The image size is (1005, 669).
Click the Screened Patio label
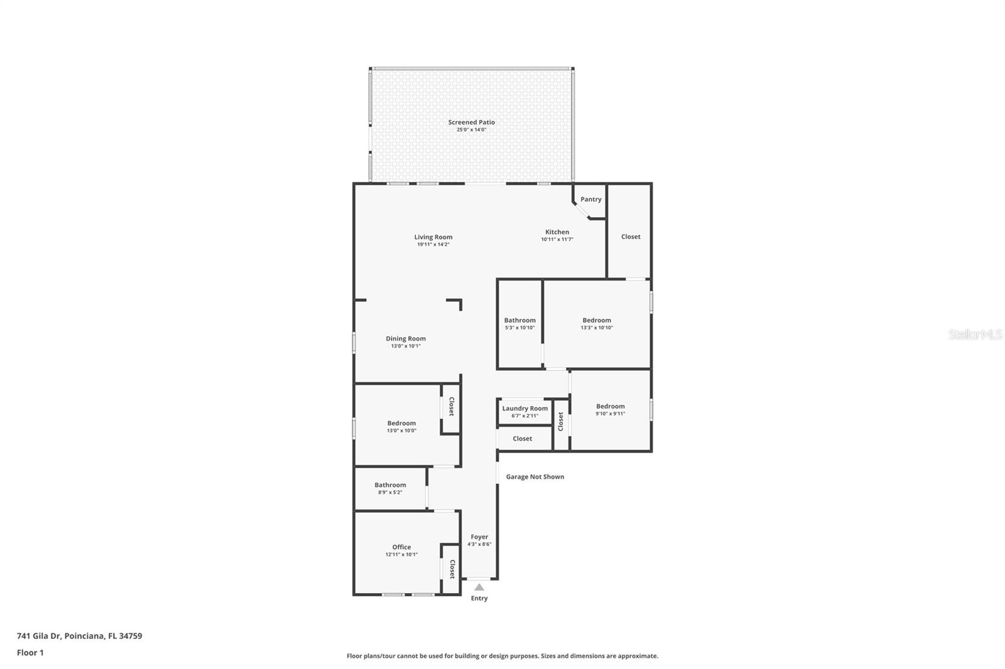pyautogui.click(x=471, y=122)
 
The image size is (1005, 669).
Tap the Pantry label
pyautogui.click(x=590, y=199)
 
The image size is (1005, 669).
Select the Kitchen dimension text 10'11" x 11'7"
pyautogui.click(x=557, y=240)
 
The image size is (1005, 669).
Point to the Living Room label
pyautogui.click(x=433, y=237)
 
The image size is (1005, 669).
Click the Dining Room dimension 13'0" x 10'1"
pyautogui.click(x=406, y=346)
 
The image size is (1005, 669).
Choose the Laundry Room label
pyautogui.click(x=524, y=408)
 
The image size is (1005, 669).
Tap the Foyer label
pyautogui.click(x=479, y=537)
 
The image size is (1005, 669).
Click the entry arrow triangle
pyautogui.click(x=479, y=587)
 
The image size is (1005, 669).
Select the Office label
pyautogui.click(x=401, y=547)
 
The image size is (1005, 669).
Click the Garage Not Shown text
pyautogui.click(x=535, y=476)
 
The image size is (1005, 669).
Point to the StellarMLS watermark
pyautogui.click(x=975, y=334)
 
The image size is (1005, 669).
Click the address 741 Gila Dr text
pyautogui.click(x=39, y=636)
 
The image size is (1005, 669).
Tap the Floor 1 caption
pyautogui.click(x=30, y=653)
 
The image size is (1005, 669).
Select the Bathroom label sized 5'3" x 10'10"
pyautogui.click(x=519, y=320)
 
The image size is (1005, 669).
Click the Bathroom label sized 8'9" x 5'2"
pyautogui.click(x=390, y=484)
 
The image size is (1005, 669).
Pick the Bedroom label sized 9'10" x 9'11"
pyautogui.click(x=610, y=406)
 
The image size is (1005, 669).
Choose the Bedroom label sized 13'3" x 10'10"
pyautogui.click(x=597, y=320)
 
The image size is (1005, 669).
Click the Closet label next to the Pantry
pyautogui.click(x=631, y=237)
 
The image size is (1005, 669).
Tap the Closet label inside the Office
pyautogui.click(x=452, y=569)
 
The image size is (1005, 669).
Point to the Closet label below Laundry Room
pyautogui.click(x=522, y=439)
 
